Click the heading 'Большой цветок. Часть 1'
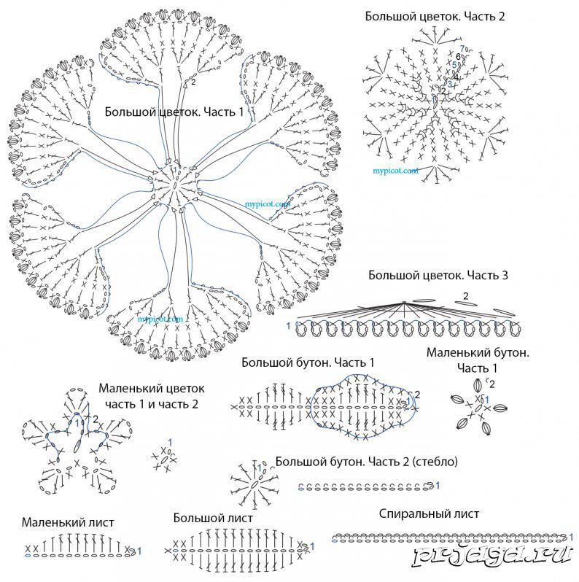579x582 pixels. [x=174, y=112]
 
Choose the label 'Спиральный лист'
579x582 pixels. [x=429, y=513]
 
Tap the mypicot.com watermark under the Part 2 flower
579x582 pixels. [x=396, y=171]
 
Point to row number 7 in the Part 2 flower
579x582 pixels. [x=462, y=50]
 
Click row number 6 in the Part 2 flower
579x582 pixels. [x=458, y=57]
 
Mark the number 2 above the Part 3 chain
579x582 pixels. [x=465, y=296]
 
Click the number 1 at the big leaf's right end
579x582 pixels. [x=311, y=546]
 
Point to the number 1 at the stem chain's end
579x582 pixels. [x=438, y=484]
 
